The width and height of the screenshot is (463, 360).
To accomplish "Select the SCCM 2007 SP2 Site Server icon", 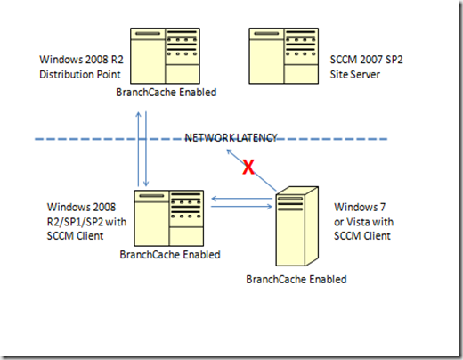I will point(286,55).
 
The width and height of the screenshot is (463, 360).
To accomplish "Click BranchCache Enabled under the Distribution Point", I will point(167,91).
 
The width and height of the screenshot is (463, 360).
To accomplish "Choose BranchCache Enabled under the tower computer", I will point(296,280).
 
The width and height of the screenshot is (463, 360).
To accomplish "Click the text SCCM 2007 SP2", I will point(370,61).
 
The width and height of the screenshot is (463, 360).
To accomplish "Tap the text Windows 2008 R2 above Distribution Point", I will point(77,61).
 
